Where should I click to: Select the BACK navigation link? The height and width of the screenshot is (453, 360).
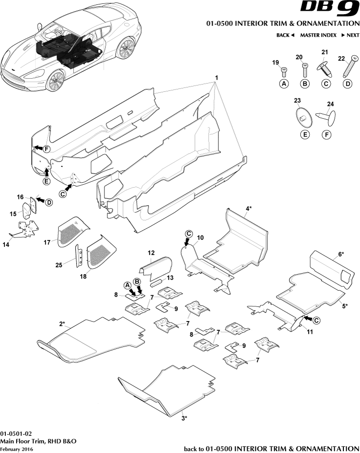coord(285,35)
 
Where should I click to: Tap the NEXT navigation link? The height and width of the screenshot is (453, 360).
coord(350,35)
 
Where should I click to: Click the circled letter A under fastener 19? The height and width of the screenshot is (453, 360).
coord(283,84)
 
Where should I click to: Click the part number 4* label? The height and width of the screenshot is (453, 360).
coord(249,208)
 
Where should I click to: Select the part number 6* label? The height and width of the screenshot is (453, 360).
coord(340,255)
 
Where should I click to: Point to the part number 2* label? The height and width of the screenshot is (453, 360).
coord(63,324)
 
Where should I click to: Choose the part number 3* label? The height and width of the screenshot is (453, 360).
coord(184,418)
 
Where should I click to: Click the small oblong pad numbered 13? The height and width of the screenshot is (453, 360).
coord(158,282)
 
